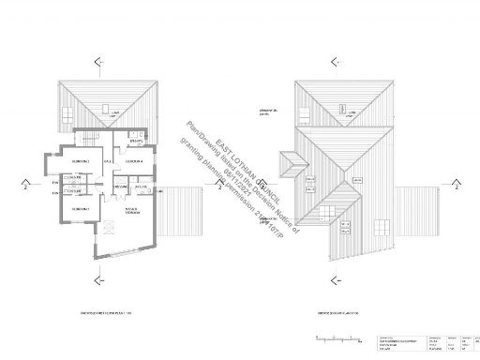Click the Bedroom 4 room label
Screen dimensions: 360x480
tap(135, 161)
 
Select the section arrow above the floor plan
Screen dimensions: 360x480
tap(97, 61)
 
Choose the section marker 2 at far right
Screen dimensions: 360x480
tap(466, 186)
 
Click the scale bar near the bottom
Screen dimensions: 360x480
tap(333, 335)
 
